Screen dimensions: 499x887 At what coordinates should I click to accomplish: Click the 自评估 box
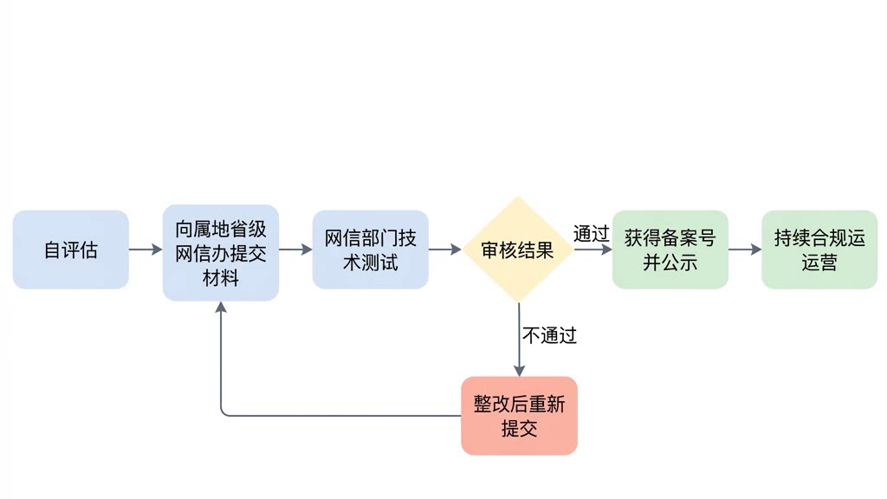pyautogui.click(x=70, y=249)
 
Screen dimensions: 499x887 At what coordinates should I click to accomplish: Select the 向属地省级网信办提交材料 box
pyautogui.click(x=220, y=252)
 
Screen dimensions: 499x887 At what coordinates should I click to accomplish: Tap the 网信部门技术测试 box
pyautogui.click(x=370, y=249)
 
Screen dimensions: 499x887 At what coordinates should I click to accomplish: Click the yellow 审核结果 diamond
pyautogui.click(x=518, y=250)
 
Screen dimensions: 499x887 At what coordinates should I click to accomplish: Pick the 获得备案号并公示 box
pyautogui.click(x=670, y=249)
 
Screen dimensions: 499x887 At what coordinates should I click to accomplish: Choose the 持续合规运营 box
pyautogui.click(x=819, y=249)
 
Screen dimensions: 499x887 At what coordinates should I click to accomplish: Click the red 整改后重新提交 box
pyautogui.click(x=519, y=415)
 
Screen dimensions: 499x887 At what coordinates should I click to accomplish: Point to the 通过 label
pyautogui.click(x=591, y=234)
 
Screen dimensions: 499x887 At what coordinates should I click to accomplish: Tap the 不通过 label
pyautogui.click(x=549, y=335)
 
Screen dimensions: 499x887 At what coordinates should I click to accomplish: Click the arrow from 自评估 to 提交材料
pyautogui.click(x=146, y=249)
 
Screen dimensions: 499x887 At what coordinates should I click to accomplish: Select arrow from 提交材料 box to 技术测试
pyautogui.click(x=295, y=249)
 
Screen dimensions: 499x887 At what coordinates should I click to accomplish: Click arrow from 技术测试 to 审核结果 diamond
pyautogui.click(x=445, y=249)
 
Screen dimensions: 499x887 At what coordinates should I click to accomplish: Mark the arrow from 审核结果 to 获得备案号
pyautogui.click(x=593, y=249)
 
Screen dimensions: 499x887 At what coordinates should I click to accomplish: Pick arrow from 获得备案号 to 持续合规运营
pyautogui.click(x=744, y=249)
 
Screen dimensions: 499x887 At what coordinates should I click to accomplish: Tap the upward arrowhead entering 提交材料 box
pyautogui.click(x=221, y=308)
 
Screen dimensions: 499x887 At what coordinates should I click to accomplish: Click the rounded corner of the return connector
pyautogui.click(x=223, y=412)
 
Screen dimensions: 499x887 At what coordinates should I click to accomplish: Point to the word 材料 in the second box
pyautogui.click(x=220, y=278)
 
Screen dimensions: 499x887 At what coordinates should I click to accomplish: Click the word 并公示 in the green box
pyautogui.click(x=670, y=262)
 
